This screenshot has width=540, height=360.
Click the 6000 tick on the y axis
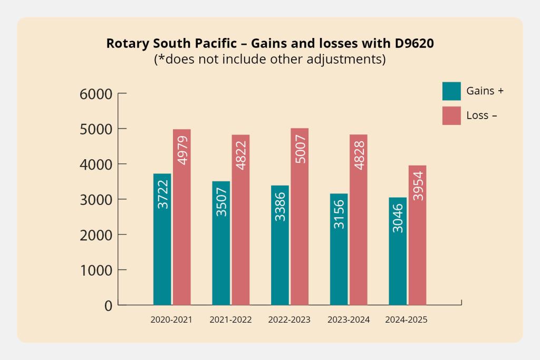click(96, 94)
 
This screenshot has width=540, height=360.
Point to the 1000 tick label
click(96, 270)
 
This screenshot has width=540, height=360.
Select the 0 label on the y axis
click(108, 306)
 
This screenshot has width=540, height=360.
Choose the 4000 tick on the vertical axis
click(96, 164)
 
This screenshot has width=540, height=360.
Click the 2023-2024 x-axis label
click(349, 320)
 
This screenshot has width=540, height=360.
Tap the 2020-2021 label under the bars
click(171, 320)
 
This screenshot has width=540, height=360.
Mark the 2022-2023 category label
click(290, 320)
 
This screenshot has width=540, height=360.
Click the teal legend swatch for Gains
click(451, 91)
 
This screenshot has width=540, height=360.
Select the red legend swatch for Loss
click(451, 115)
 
